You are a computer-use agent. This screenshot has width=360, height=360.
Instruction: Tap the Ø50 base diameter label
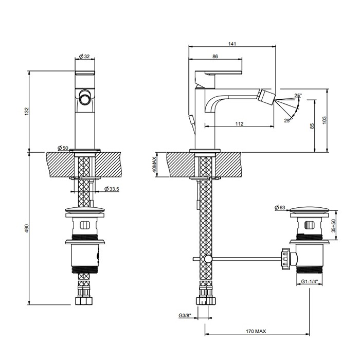[x=63, y=148]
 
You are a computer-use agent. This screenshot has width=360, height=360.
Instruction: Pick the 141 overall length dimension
[x=232, y=44]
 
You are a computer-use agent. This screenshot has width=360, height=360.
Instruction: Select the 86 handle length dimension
[x=215, y=57]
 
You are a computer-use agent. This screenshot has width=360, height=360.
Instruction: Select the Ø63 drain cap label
[x=280, y=207]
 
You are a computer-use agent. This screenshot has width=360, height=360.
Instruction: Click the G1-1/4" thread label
[x=311, y=282]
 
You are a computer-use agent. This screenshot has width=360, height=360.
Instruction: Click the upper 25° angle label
[x=298, y=96]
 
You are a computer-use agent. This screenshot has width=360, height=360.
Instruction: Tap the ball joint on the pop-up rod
[x=207, y=259]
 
